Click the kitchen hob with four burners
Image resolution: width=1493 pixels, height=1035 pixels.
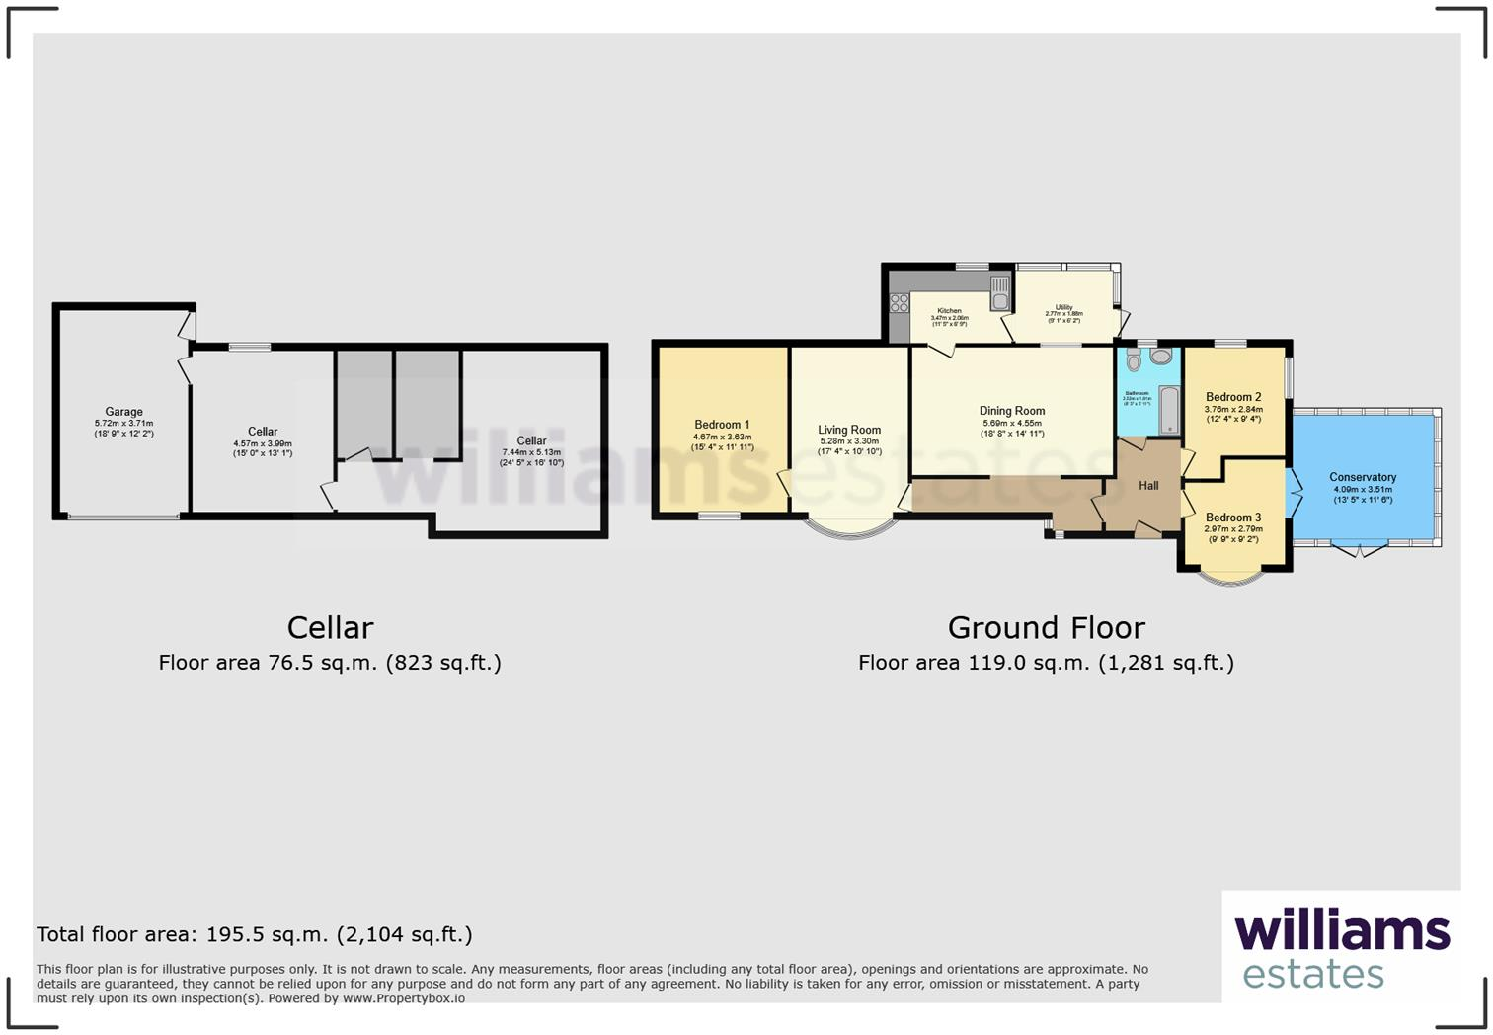(x=899, y=302)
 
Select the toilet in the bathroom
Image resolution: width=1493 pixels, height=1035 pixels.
(x=1133, y=360)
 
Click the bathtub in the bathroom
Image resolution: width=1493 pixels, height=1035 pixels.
(x=1169, y=410)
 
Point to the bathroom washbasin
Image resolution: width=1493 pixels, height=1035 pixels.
(x=1160, y=356)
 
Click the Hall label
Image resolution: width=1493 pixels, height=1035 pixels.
(x=1148, y=486)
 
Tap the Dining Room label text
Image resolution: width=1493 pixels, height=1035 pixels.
(x=1012, y=411)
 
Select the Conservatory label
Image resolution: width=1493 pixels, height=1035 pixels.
(x=1363, y=477)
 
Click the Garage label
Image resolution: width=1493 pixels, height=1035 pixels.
(x=124, y=412)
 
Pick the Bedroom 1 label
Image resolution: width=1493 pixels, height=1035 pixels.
(x=722, y=425)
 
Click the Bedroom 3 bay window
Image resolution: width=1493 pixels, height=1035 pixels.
(x=1230, y=579)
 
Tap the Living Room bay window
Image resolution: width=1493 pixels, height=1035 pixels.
(x=849, y=529)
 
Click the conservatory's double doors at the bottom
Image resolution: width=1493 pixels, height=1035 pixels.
(x=1360, y=550)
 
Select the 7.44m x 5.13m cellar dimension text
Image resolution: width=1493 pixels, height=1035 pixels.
(x=531, y=452)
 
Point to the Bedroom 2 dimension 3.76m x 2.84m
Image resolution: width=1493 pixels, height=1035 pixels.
(x=1233, y=409)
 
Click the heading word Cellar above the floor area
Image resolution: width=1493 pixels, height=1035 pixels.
(x=330, y=628)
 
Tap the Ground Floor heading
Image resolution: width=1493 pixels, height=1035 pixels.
(x=1046, y=628)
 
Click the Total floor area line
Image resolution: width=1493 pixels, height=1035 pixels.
(x=255, y=934)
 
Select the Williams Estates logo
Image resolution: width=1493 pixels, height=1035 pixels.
(x=1341, y=947)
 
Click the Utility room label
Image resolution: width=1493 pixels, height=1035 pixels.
(x=1063, y=307)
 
